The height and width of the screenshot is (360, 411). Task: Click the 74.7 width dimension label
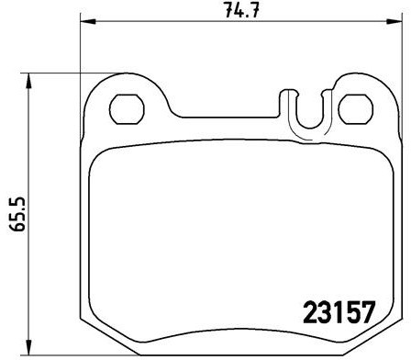pyautogui.click(x=236, y=11)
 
